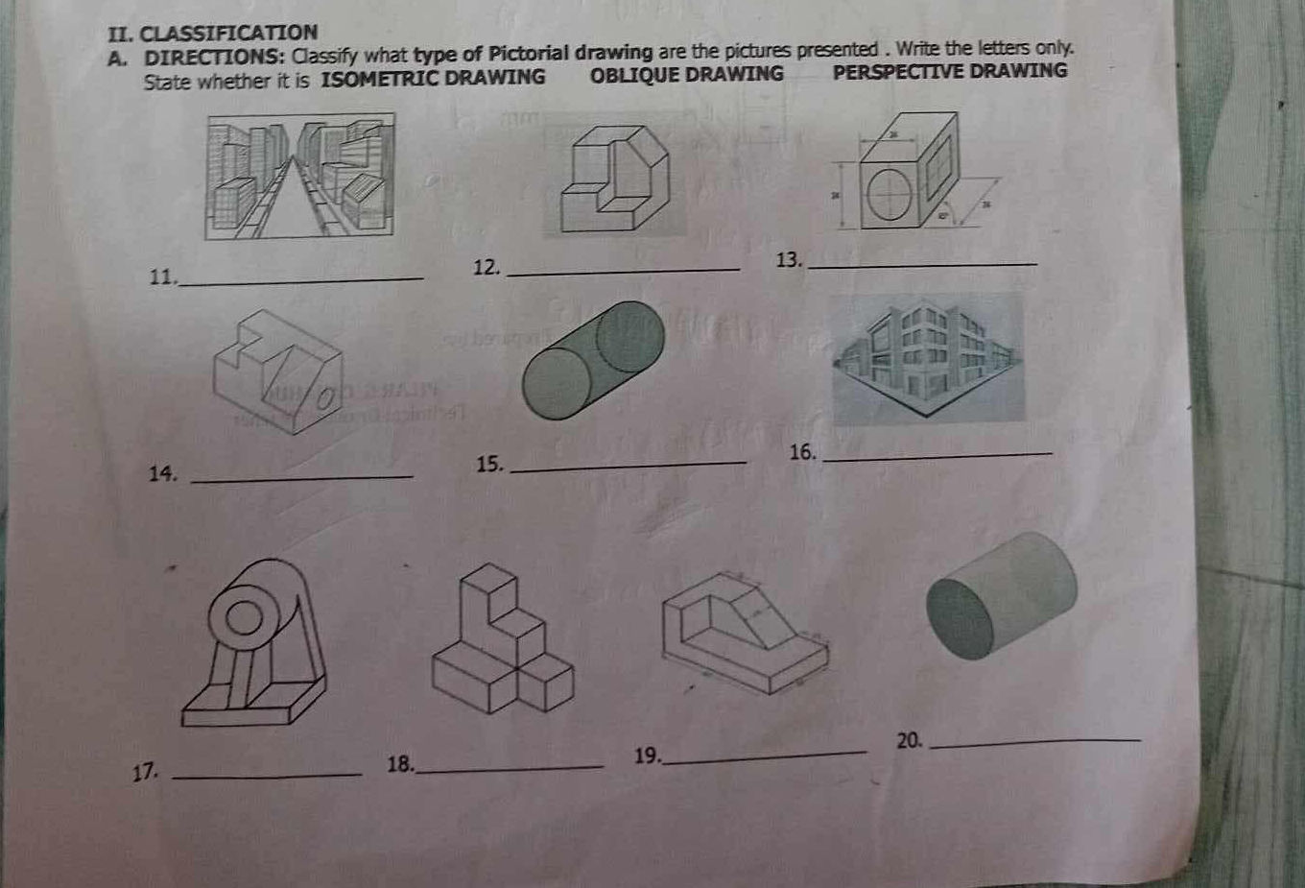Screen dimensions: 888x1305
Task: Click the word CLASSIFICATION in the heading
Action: coord(228,34)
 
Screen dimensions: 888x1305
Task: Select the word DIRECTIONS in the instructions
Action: coord(213,57)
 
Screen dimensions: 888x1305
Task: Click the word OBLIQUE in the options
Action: coord(636,75)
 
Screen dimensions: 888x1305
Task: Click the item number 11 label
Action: coord(163,277)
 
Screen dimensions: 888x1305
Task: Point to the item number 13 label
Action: coord(788,260)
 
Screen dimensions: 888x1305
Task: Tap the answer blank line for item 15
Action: coord(629,467)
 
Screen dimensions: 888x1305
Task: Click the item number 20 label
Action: coord(909,740)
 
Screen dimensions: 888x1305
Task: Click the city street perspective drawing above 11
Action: coord(299,175)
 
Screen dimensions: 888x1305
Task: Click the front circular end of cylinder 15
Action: coord(556,384)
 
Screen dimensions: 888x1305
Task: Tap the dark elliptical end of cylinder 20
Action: coord(960,619)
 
